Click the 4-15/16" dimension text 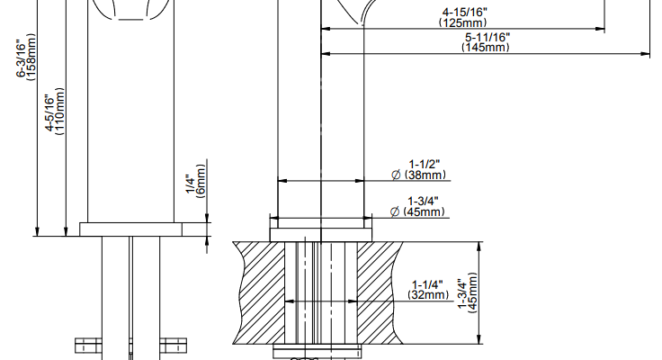click(464, 13)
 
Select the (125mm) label click(463, 22)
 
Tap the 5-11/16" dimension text click(488, 37)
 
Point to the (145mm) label click(486, 47)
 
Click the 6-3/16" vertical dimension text click(21, 58)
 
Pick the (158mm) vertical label click(31, 57)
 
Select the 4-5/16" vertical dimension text click(50, 113)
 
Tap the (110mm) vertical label click(60, 112)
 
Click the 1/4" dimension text click(191, 185)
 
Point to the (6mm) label click(201, 180)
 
